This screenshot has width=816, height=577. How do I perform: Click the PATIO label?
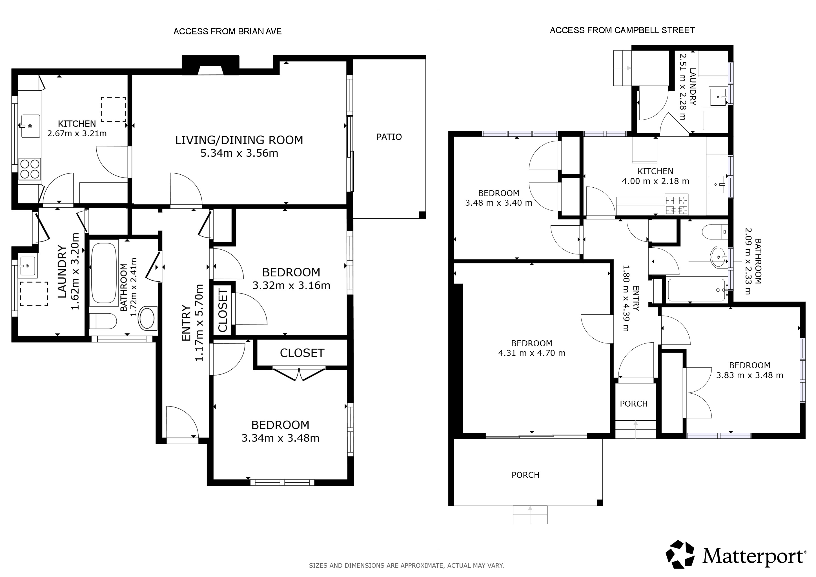(x=389, y=137)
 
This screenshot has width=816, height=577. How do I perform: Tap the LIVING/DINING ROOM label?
(x=239, y=140)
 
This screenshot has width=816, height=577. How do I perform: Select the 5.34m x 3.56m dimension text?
(x=239, y=153)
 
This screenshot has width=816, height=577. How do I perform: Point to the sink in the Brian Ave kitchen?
(x=30, y=126)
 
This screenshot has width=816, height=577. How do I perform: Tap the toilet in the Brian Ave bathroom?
(x=103, y=321)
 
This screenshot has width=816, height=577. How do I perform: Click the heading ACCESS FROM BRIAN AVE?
(x=227, y=31)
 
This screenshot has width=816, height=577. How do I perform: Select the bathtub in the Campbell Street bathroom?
(x=696, y=290)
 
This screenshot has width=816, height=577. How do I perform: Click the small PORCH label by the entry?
(x=634, y=404)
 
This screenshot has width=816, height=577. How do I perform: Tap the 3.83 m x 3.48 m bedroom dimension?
(x=750, y=375)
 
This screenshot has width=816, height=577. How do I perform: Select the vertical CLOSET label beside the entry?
(x=223, y=310)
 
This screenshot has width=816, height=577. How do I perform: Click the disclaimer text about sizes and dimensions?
(x=406, y=565)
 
